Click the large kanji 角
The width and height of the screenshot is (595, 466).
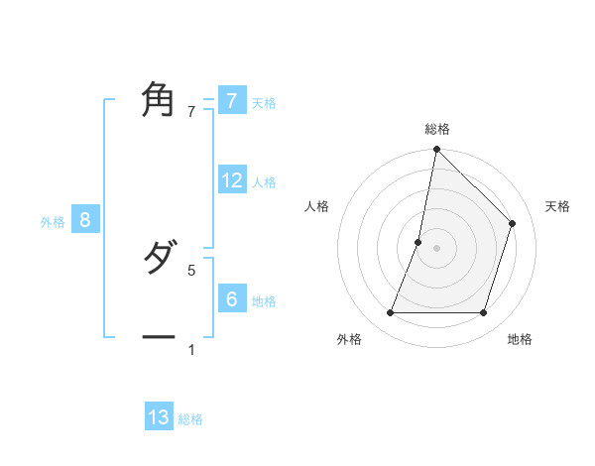[159, 100]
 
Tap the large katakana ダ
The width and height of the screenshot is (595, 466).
[159, 259]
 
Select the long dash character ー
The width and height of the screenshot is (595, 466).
[159, 338]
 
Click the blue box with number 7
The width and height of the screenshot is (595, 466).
[231, 100]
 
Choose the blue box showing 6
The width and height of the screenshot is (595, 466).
[231, 298]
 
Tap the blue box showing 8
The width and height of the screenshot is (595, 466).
[85, 220]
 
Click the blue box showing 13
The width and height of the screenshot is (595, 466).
[159, 417]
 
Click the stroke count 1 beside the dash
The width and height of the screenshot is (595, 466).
[191, 349]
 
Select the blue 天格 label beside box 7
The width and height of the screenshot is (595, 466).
[264, 103]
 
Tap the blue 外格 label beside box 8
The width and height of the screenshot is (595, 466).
[53, 223]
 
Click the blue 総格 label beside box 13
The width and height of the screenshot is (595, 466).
[190, 420]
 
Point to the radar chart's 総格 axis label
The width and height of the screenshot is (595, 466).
[437, 129]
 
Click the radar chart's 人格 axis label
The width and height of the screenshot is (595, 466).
[317, 206]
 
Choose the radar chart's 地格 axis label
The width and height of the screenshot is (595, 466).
[520, 340]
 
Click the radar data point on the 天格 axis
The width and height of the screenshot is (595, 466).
[513, 223]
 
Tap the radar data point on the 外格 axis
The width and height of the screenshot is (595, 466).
[390, 313]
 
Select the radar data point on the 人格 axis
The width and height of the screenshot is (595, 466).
[418, 242]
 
